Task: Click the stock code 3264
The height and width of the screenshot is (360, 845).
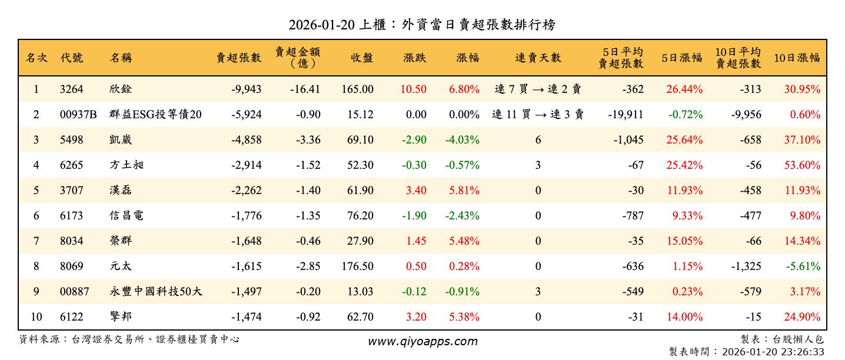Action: [x=72, y=89]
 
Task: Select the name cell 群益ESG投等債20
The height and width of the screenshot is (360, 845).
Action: [x=155, y=115]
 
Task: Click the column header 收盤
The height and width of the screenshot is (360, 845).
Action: [x=362, y=58]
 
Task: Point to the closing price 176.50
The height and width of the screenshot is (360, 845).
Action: [x=357, y=266]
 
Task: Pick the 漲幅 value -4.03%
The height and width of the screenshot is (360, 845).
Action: [x=464, y=140]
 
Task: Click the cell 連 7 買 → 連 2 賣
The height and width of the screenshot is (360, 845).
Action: [x=538, y=89]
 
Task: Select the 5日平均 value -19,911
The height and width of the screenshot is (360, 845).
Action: [x=626, y=115]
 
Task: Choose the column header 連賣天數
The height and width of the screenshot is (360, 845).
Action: [x=538, y=58]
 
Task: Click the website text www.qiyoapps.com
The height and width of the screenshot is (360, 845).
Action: [x=422, y=341]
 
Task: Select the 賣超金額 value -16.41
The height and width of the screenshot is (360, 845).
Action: [x=305, y=89]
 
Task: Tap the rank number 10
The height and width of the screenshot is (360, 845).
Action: [x=36, y=317]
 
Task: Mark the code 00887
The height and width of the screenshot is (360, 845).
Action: [x=74, y=292]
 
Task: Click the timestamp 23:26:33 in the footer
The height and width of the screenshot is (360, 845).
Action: [x=803, y=352]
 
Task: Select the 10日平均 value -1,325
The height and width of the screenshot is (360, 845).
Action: [x=746, y=266]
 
